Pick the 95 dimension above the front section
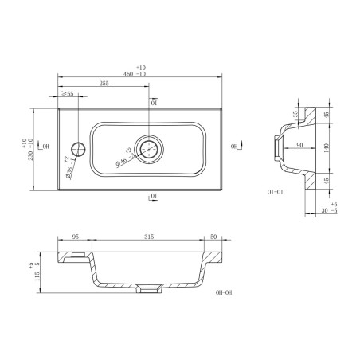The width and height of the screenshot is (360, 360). click(x=75, y=237)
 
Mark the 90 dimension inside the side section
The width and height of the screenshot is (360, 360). click(x=299, y=144)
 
